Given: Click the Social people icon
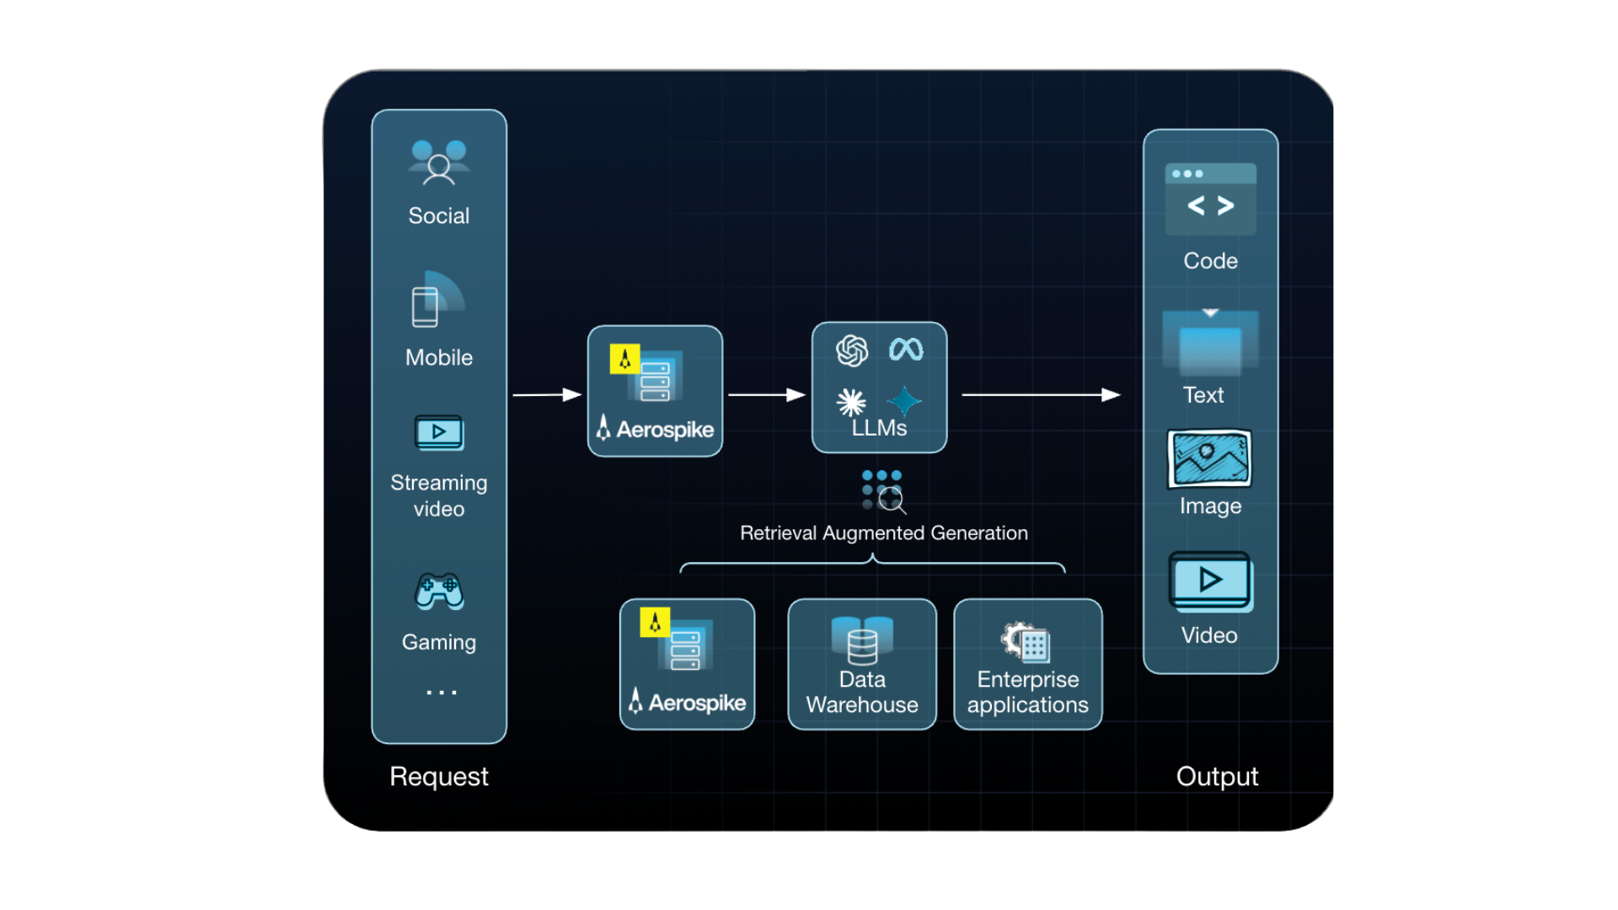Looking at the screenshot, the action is [438, 163].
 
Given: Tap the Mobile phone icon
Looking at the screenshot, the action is [435, 302].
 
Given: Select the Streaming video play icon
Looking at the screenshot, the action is [439, 433].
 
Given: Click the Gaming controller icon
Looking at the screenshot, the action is [439, 591].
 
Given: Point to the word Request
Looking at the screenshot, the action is [438, 776].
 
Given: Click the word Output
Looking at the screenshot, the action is [1217, 776].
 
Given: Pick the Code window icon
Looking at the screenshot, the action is [1210, 200].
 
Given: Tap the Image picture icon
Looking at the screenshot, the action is [1209, 458].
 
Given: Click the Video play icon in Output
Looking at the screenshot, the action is [1210, 581].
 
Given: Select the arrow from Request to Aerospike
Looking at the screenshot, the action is [547, 394].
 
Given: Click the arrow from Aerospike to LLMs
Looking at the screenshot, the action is [767, 394].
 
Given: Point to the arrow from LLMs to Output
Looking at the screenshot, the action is [1042, 394].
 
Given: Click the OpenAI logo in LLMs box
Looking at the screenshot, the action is [852, 351].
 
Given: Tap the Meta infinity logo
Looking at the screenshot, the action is [906, 349].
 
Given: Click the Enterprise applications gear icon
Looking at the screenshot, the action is [1025, 643].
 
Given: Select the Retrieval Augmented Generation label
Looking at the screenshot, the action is [884, 533].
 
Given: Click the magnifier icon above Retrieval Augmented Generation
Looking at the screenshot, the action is [892, 500].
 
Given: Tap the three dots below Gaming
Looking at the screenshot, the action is [442, 693].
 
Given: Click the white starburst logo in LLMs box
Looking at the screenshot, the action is [851, 403].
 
